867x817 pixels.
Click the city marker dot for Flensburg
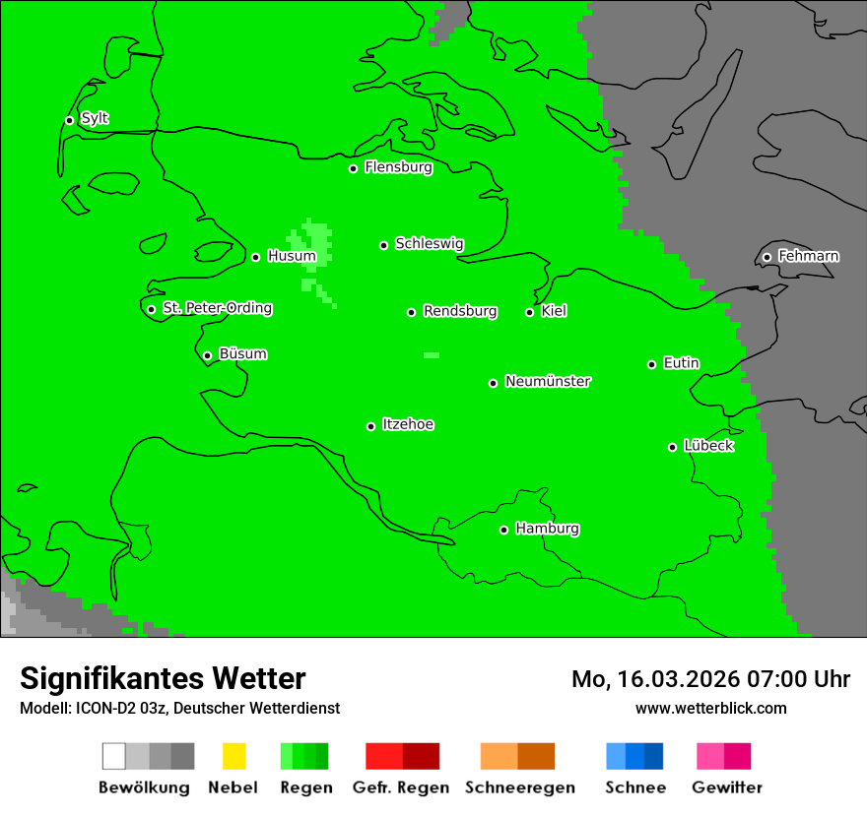(353, 168)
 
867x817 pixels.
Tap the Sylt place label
(95, 118)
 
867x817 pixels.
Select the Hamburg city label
(547, 529)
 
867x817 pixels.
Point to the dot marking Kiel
(529, 312)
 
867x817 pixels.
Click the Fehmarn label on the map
(808, 256)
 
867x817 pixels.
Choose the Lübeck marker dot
(673, 447)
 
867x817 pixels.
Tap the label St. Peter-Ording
(217, 308)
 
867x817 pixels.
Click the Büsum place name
(242, 354)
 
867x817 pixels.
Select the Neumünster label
(548, 381)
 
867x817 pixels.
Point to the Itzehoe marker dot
(370, 426)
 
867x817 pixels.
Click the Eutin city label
(681, 363)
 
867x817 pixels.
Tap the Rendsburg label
(460, 311)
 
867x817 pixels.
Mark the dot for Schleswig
(383, 245)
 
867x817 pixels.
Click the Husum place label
(292, 256)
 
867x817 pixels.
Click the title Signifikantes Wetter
(163, 678)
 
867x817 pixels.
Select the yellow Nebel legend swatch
(233, 756)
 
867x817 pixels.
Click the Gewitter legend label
(726, 787)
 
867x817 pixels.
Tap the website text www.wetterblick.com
(710, 708)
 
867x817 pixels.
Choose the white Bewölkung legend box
(114, 756)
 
